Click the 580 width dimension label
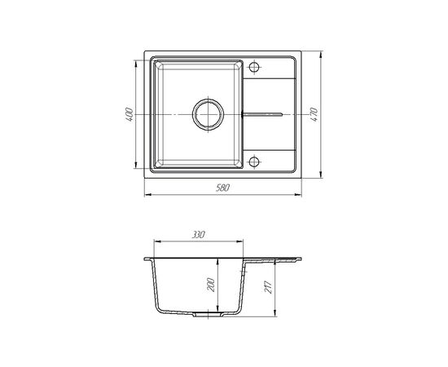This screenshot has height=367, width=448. tap(222, 188)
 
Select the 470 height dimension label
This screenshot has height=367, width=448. tap(314, 115)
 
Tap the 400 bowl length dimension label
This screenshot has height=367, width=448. tap(130, 115)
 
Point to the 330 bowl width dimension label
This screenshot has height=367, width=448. tap(198, 235)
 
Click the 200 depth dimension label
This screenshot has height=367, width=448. tap(211, 285)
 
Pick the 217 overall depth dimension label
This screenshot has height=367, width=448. tap(268, 287)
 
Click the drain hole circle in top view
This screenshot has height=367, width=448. tap(208, 114)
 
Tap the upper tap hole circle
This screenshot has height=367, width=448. tap(254, 67)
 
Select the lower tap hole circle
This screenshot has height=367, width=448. tap(254, 161)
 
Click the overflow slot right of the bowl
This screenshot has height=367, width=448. tap(262, 114)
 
